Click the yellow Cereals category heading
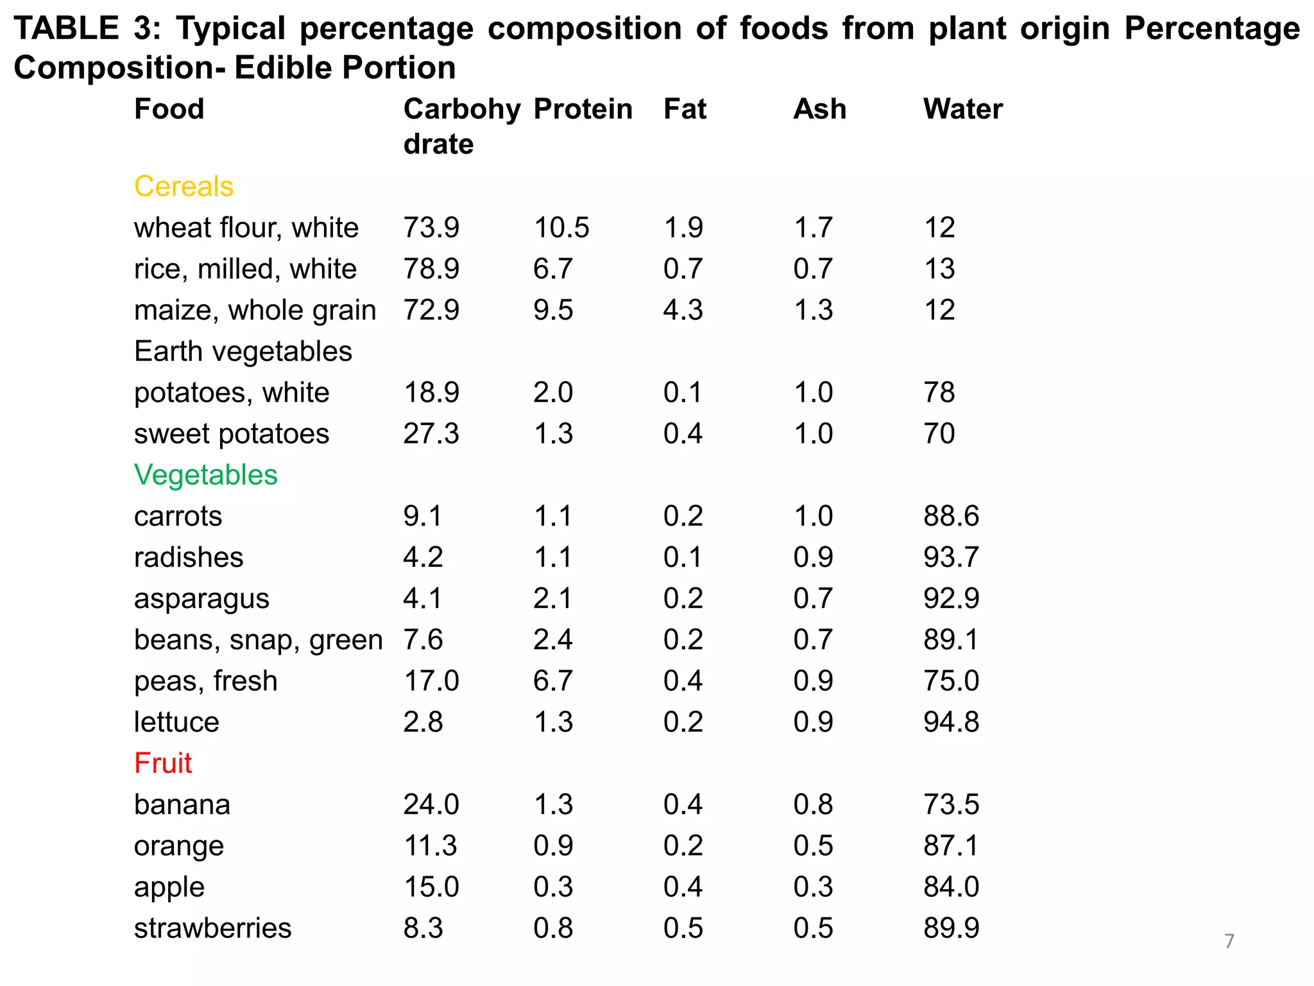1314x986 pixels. [183, 187]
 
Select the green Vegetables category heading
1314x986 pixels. [205, 475]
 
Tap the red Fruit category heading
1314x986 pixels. [163, 763]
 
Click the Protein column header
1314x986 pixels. [583, 109]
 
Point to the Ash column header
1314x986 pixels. [819, 109]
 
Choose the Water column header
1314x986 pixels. [962, 109]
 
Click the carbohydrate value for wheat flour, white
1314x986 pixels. [431, 228]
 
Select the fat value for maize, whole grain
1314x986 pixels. [683, 310]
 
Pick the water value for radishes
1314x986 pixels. [951, 557]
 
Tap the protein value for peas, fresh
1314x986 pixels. [553, 681]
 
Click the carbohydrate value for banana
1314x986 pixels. [431, 804]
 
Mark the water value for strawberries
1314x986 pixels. [951, 928]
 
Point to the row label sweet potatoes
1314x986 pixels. [232, 434]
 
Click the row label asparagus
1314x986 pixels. [201, 599]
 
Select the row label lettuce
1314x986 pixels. [176, 722]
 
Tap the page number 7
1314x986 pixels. [1229, 941]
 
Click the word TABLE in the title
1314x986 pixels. [66, 28]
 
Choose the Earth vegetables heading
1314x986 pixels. [243, 352]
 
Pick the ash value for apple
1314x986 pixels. [813, 887]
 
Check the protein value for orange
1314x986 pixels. [553, 846]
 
